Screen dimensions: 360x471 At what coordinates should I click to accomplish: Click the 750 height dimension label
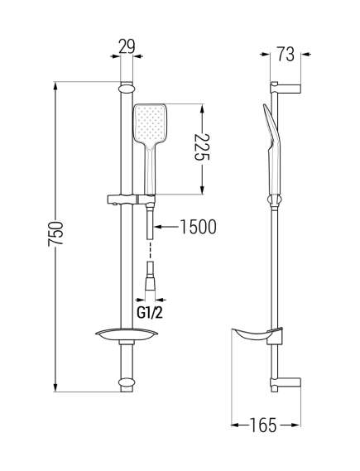coord(55,233)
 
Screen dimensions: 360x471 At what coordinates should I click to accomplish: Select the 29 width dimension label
coord(127,46)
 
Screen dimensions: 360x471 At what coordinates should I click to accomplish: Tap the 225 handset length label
coord(202,147)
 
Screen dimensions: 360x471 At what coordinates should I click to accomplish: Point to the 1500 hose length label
coord(198,227)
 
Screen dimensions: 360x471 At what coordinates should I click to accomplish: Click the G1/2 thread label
coord(150,313)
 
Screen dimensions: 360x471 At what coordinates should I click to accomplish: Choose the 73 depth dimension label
coord(286,54)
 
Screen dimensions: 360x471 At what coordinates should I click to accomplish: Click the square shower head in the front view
coord(150,124)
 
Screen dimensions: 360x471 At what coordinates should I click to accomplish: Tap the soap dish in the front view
coord(127,334)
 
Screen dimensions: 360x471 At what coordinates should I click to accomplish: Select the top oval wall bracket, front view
coord(127,89)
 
